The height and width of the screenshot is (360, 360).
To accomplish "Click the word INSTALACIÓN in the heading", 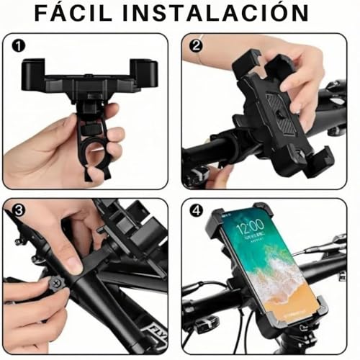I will [x=228, y=13].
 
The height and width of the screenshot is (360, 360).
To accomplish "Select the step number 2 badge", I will [x=194, y=45].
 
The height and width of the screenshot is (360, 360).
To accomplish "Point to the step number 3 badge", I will [x=17, y=210].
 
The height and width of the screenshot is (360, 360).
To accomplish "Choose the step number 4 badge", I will [x=194, y=212].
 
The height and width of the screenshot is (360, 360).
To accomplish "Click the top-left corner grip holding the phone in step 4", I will [x=218, y=216].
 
